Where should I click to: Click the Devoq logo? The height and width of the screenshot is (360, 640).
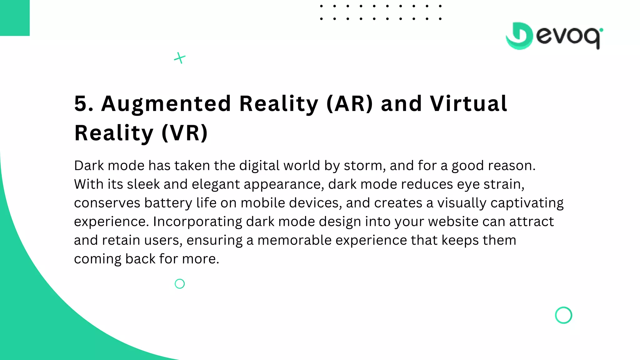(x=554, y=36)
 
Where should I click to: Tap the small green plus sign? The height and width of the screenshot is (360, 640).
(x=180, y=58)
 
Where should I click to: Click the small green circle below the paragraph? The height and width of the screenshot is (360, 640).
(x=180, y=284)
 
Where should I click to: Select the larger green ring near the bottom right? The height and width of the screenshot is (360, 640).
(x=563, y=315)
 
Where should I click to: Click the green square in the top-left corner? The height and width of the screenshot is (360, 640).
(x=15, y=18)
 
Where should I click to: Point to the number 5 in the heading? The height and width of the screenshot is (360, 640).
(x=82, y=104)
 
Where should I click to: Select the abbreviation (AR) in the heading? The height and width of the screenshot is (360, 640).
(x=350, y=104)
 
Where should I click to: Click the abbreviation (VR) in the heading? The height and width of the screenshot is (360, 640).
(x=185, y=133)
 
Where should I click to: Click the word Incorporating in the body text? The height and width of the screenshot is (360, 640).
(x=197, y=222)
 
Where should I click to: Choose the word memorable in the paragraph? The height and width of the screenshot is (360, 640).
(x=294, y=240)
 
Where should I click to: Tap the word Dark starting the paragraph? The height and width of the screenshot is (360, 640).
(x=89, y=166)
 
